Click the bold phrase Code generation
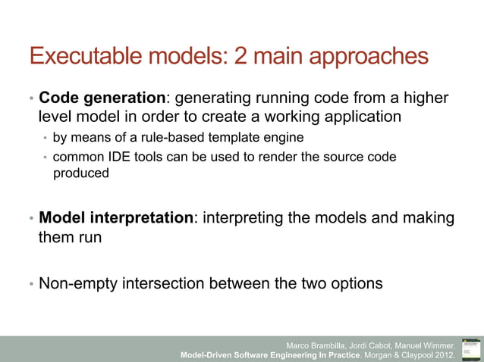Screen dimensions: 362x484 (x=102, y=98)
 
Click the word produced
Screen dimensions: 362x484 (x=80, y=173)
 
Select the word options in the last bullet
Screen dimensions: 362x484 (x=355, y=284)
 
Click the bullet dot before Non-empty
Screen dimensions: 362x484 (x=31, y=285)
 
